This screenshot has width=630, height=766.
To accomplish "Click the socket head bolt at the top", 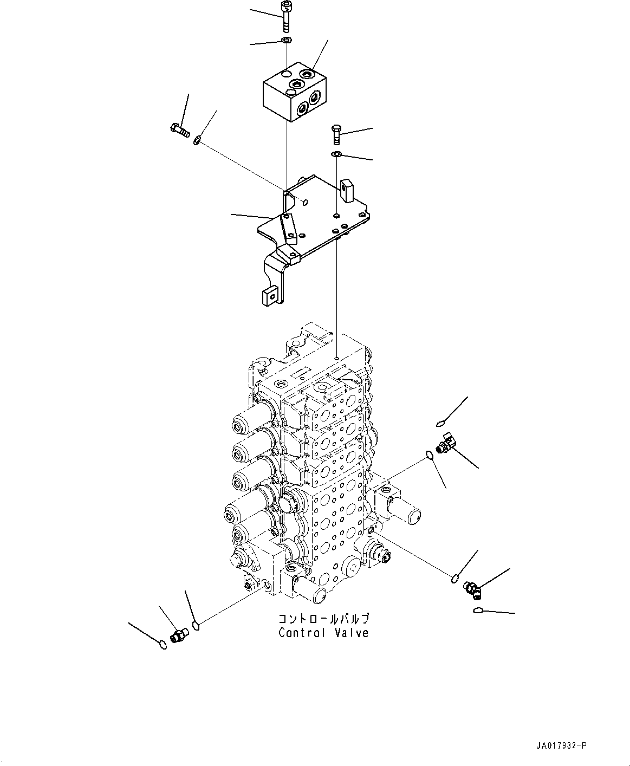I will [x=286, y=17].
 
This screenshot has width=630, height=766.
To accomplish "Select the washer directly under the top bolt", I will [x=287, y=41].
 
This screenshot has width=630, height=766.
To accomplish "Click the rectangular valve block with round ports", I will [x=296, y=92].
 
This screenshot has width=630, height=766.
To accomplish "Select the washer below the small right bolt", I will [x=336, y=155].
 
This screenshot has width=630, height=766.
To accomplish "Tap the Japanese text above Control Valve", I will [x=323, y=619].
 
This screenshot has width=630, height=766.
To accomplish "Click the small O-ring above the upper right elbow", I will [x=440, y=423].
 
